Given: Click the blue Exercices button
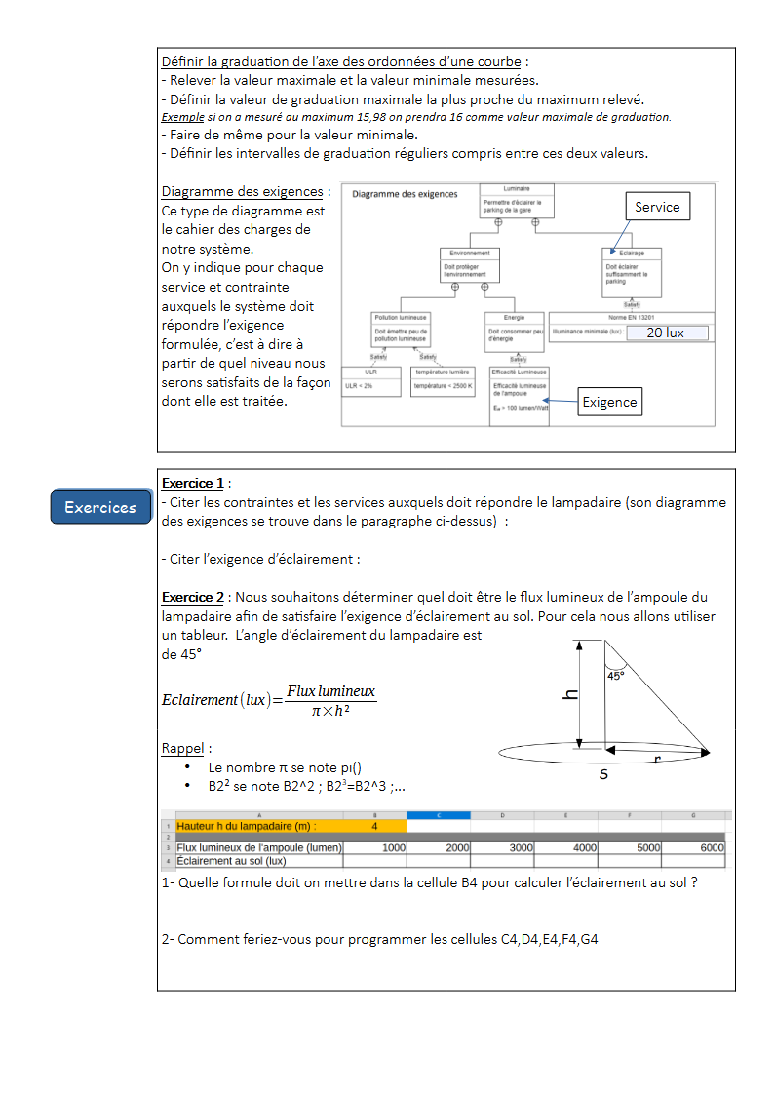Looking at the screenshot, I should coord(100,507).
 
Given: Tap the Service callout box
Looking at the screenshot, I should coord(657,207).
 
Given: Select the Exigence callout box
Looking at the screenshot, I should coord(609,402).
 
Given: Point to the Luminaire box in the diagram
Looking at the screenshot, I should coord(517,200).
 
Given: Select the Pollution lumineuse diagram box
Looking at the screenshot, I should coord(401,329).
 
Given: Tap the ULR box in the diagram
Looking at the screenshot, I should coord(370,379).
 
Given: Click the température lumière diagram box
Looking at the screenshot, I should coord(443,379).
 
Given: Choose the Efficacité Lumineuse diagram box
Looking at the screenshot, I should coord(520,395).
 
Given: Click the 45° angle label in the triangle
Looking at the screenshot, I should coord(616,675).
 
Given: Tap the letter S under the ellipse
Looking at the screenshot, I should coord(603,774).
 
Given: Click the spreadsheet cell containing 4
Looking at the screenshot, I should coord(374,826).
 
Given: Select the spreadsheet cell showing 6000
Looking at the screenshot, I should coord(693,848).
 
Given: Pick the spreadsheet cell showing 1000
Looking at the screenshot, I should coord(375,848).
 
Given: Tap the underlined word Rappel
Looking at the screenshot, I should coord(183,749).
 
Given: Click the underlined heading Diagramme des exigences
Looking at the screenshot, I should coord(242,192).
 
